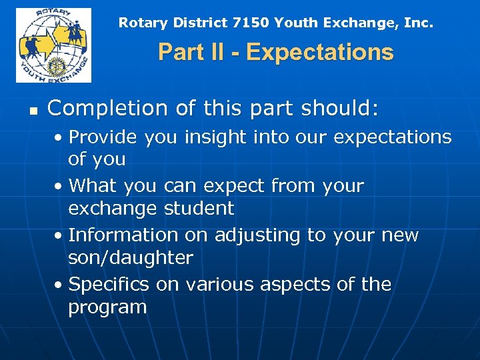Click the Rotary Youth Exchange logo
point(53,45)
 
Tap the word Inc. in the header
point(418,23)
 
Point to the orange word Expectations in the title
point(320,52)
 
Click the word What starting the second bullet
point(90,186)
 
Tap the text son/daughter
point(130,258)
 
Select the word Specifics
point(109,285)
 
